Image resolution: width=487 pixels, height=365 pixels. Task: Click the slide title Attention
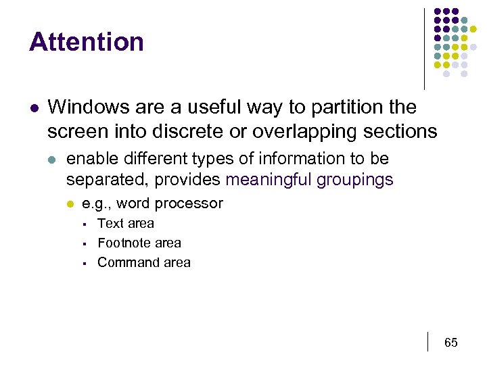(87, 42)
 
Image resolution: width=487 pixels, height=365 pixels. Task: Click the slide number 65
(451, 343)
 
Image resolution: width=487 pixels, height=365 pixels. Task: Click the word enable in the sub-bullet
(88, 159)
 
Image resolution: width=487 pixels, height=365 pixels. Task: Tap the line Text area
(126, 223)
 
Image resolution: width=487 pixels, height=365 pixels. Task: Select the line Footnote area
(139, 243)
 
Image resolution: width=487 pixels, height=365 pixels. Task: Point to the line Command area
(144, 262)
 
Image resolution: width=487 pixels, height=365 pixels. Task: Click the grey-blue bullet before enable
(53, 160)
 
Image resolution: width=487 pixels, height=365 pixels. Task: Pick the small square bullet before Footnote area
(81, 243)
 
